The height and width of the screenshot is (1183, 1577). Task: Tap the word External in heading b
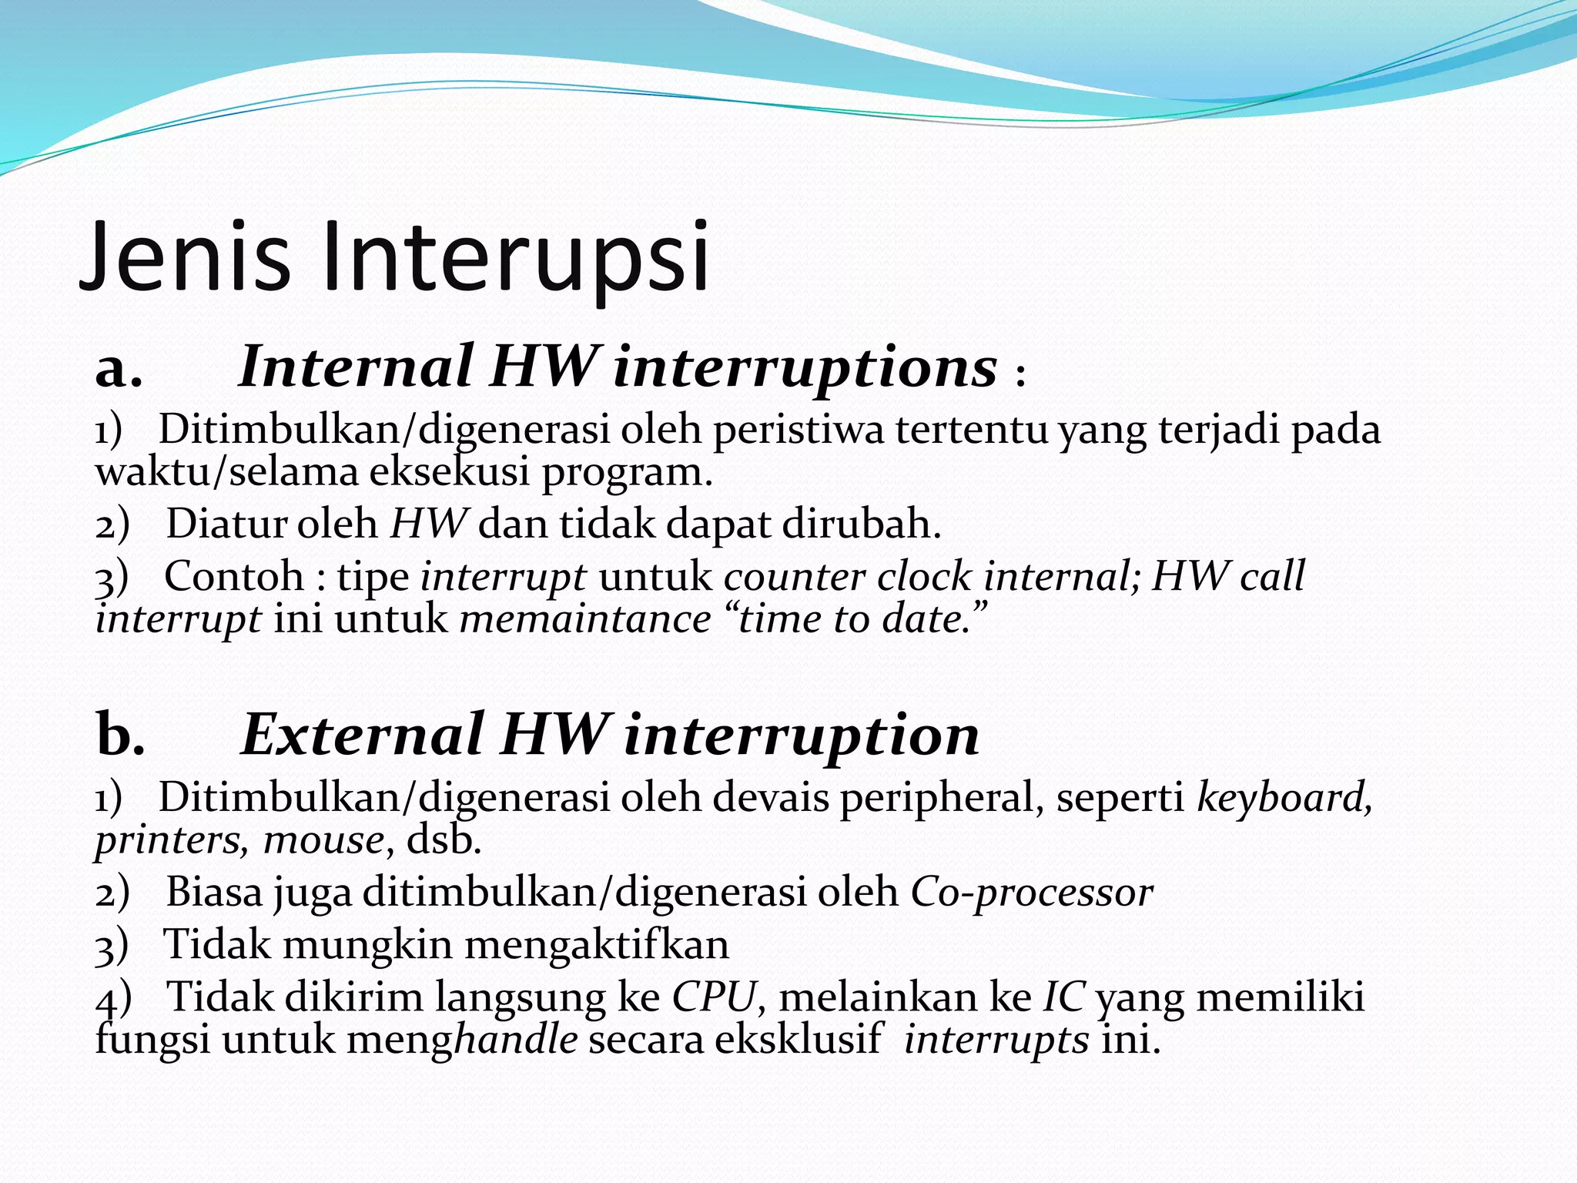[362, 735]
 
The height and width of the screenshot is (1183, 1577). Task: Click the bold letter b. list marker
[120, 735]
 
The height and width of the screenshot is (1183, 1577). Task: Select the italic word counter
[794, 576]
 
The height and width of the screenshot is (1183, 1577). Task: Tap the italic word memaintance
[585, 619]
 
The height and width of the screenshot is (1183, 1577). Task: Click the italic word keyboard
[1282, 797]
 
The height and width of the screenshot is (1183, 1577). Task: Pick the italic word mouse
[323, 840]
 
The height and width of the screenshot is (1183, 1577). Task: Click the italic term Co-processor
[1031, 893]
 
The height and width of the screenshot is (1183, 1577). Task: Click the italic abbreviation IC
[1063, 997]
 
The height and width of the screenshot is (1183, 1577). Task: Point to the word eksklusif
[797, 1040]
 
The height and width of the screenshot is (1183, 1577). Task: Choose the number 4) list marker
[113, 999]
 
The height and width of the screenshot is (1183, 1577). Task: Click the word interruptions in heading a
[805, 367]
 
